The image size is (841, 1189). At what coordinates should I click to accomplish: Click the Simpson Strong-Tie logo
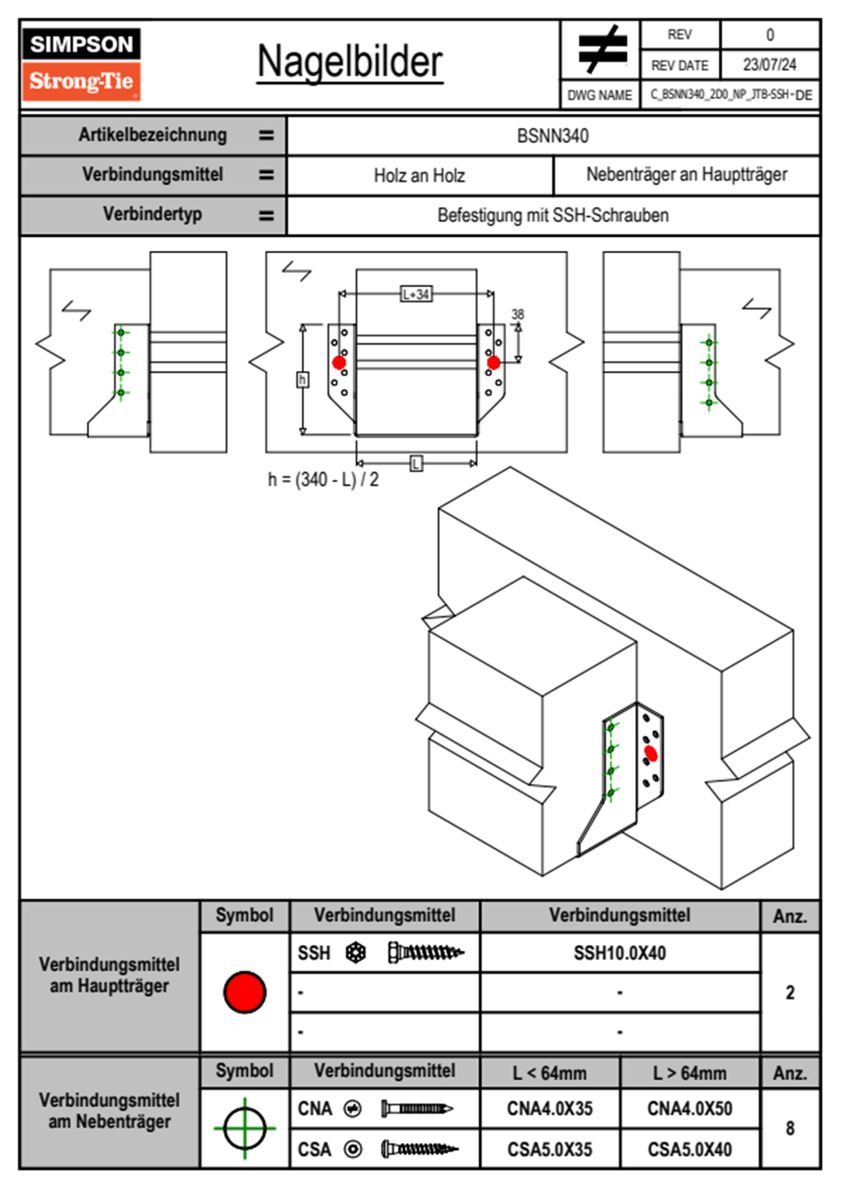[81, 64]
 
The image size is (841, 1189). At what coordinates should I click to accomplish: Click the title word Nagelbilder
[350, 62]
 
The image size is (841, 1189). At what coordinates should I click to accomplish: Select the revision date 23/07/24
[769, 65]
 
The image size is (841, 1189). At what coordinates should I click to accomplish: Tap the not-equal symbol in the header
[601, 49]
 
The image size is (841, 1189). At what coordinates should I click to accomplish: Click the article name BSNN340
[553, 136]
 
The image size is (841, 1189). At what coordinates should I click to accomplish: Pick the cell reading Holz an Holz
[419, 175]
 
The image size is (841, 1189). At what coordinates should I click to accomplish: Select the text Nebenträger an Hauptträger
[686, 175]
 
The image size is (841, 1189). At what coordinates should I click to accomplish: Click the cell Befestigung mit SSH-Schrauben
[553, 215]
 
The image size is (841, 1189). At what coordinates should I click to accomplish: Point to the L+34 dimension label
[416, 294]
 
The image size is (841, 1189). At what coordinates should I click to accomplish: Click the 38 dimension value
[518, 315]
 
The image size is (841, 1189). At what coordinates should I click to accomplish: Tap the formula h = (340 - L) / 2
[323, 479]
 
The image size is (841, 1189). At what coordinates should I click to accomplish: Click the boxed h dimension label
[302, 380]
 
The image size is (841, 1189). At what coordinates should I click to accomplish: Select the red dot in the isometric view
[651, 754]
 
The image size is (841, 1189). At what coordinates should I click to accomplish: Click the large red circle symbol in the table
[245, 992]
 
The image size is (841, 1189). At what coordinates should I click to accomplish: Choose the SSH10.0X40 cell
[620, 953]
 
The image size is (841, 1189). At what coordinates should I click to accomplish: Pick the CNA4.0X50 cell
[690, 1108]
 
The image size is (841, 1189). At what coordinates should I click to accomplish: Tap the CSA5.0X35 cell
[550, 1149]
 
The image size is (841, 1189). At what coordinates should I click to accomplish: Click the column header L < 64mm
[550, 1073]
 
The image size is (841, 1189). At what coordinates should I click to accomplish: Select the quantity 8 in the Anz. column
[790, 1128]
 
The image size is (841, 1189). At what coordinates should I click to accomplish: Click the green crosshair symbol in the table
[245, 1128]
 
